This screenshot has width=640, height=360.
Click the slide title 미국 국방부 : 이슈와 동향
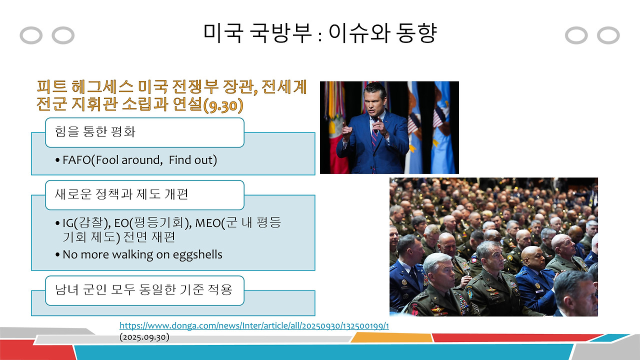(x=320, y=33)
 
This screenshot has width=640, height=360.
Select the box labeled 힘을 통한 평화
(x=144, y=132)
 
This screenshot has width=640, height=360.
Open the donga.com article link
(x=254, y=326)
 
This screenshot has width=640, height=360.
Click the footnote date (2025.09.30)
(x=144, y=337)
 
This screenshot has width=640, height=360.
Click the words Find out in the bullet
(x=192, y=160)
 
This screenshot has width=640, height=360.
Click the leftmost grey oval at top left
(x=31, y=35)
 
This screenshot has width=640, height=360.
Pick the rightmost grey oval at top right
(x=608, y=35)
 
